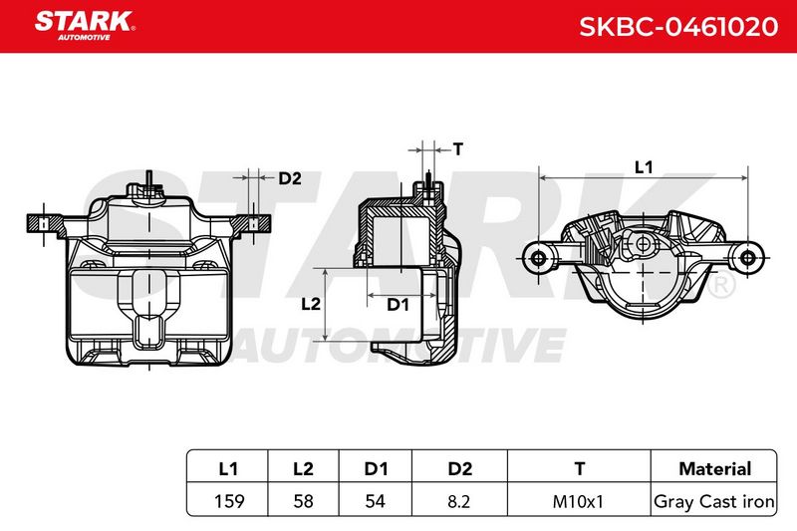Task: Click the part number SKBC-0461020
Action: (678, 27)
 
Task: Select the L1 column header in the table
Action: (228, 468)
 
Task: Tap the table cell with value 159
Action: (229, 501)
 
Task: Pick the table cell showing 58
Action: (304, 501)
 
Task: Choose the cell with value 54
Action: (376, 501)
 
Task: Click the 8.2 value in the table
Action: (458, 501)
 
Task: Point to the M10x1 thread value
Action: (578, 501)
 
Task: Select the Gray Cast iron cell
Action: (714, 501)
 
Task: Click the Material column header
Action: (714, 468)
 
